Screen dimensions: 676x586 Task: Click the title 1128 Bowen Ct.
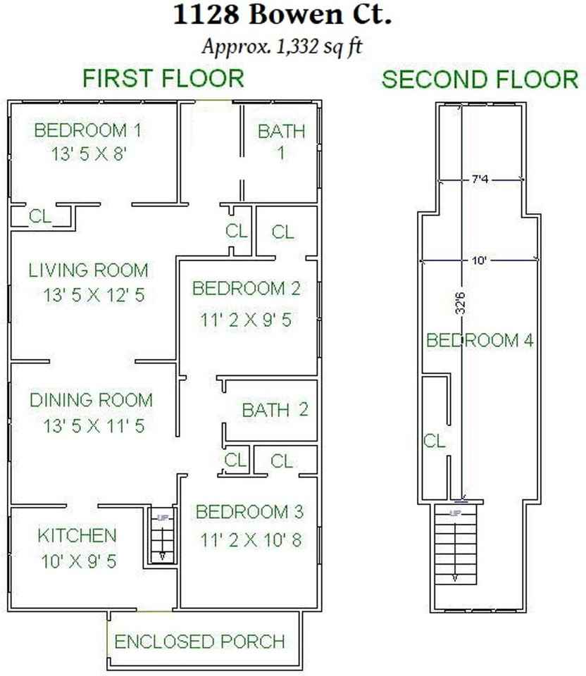tap(282, 15)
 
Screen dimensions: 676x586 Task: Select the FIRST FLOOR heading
tap(163, 78)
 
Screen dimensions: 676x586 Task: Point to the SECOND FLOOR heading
tap(480, 80)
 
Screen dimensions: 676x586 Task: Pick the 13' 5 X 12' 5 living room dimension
tap(88, 295)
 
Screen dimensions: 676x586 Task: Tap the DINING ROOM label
tap(91, 401)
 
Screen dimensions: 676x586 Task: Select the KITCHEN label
tap(77, 535)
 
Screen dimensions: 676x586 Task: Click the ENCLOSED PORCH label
tap(200, 641)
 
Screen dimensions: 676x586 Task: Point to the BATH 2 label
tap(275, 410)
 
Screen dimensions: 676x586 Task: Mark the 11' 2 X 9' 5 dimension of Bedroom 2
tap(246, 320)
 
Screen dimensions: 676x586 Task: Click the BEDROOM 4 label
tap(480, 341)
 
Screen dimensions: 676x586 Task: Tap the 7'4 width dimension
tap(480, 181)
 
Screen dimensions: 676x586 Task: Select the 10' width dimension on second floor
tap(480, 261)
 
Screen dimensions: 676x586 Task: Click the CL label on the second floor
tap(435, 442)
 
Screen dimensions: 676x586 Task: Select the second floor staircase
tap(454, 544)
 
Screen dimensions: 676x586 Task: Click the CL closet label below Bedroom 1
tap(40, 217)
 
